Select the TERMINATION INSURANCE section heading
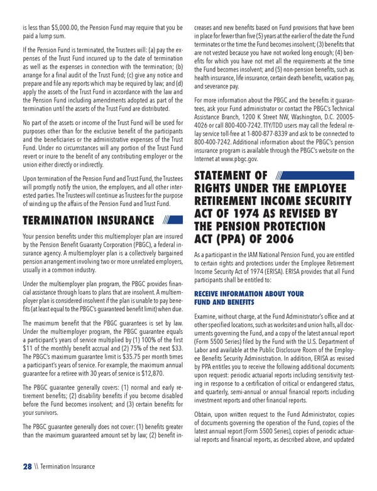pos(88,220)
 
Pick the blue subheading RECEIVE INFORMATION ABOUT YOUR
pos(249,294)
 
